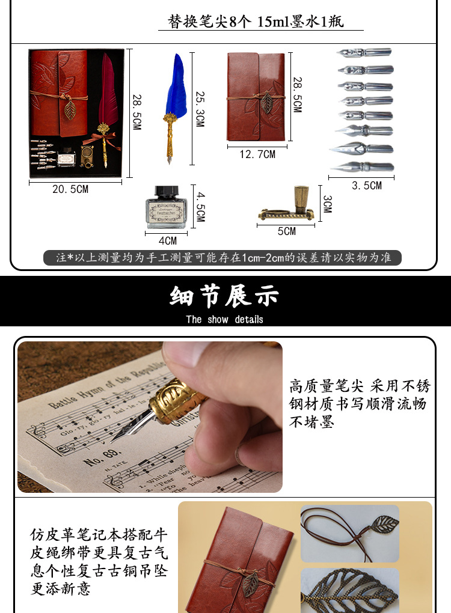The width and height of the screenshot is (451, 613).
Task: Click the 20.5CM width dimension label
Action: click(x=70, y=189)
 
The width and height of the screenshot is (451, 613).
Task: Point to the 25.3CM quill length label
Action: click(x=200, y=109)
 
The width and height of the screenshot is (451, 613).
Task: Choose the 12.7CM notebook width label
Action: click(x=257, y=154)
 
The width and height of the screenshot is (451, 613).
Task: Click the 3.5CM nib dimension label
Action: click(x=367, y=186)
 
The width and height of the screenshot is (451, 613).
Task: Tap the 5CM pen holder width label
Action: click(x=287, y=231)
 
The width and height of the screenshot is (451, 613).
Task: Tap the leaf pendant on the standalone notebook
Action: click(x=265, y=100)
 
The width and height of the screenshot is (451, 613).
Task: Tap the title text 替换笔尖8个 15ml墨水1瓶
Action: click(x=260, y=22)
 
